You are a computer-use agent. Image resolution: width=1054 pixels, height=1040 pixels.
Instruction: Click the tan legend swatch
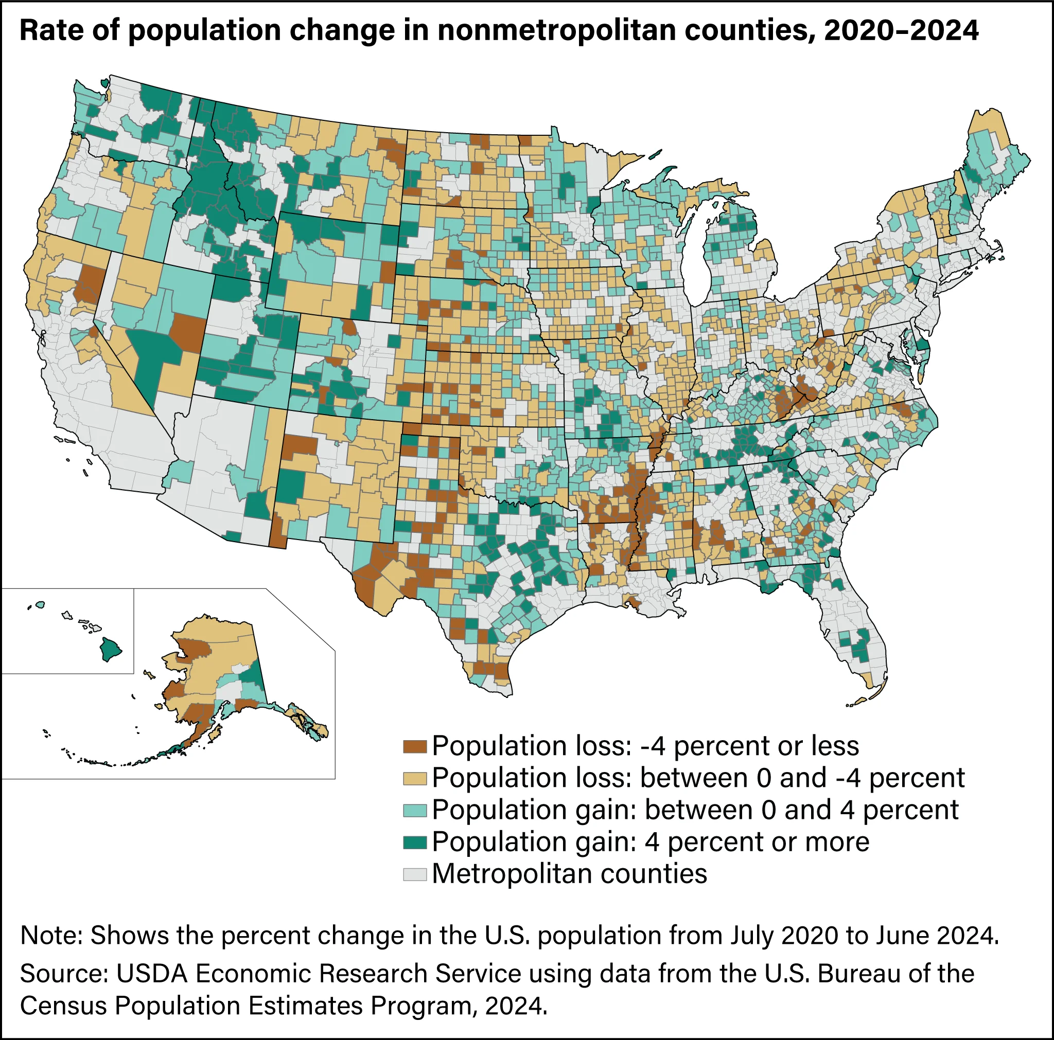click(414, 778)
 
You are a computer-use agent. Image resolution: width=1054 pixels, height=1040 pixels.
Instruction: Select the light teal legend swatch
click(414, 811)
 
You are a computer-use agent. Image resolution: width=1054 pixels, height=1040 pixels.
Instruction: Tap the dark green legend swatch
click(414, 842)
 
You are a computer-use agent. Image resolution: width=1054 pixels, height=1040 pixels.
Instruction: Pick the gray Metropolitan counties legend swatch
click(414, 874)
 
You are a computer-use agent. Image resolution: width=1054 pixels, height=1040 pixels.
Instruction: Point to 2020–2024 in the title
click(901, 31)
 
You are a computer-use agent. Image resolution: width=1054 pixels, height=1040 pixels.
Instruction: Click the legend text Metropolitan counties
click(569, 874)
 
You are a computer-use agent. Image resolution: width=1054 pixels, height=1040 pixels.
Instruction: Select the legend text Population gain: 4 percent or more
click(651, 842)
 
